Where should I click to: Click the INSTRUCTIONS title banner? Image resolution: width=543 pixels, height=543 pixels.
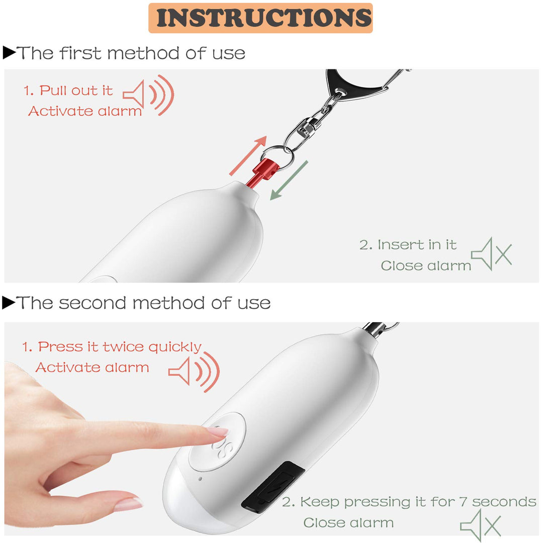pos(260,18)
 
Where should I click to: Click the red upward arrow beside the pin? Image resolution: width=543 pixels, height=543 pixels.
pos(248,155)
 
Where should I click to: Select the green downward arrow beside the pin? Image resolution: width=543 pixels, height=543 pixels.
pos(289,180)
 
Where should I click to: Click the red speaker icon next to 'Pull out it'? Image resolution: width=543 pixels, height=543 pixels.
pos(148,95)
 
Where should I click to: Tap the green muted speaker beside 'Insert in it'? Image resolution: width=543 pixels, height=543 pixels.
pos(491,254)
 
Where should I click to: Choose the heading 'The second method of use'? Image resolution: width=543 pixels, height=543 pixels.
pos(143,303)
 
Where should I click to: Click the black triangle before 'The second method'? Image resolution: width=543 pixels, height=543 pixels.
pos(9,302)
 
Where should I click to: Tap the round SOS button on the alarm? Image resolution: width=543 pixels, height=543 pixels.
pos(217,441)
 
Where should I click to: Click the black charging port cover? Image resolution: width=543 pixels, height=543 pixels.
pos(273,487)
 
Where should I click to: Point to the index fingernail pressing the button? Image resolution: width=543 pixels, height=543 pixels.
pos(218,431)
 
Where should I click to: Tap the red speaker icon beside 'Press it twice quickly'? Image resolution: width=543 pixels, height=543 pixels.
pos(194,372)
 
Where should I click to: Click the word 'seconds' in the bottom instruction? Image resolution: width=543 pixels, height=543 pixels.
pos(504,501)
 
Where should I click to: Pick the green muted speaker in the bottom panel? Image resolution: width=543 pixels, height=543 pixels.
pos(481,525)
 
